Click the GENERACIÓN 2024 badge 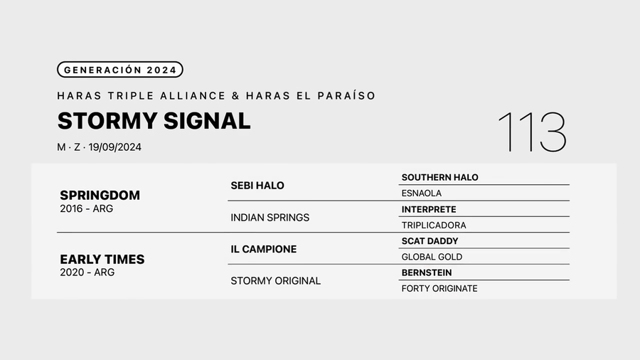click(120, 70)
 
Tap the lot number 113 click(531, 132)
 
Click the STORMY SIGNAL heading click(154, 121)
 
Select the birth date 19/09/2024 click(115, 147)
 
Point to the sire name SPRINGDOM click(100, 195)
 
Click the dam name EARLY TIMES click(102, 259)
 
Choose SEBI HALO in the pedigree click(257, 186)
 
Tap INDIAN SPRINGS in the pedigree click(270, 217)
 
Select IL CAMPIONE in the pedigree click(263, 249)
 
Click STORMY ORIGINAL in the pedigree click(275, 280)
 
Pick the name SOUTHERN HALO click(439, 177)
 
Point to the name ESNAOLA click(422, 193)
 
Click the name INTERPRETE click(429, 209)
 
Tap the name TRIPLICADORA click(434, 225)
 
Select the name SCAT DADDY click(430, 241)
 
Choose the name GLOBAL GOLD click(432, 257)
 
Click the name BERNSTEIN click(427, 272)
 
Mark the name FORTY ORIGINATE click(439, 288)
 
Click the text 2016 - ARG click(86, 208)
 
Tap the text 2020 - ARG click(87, 272)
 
